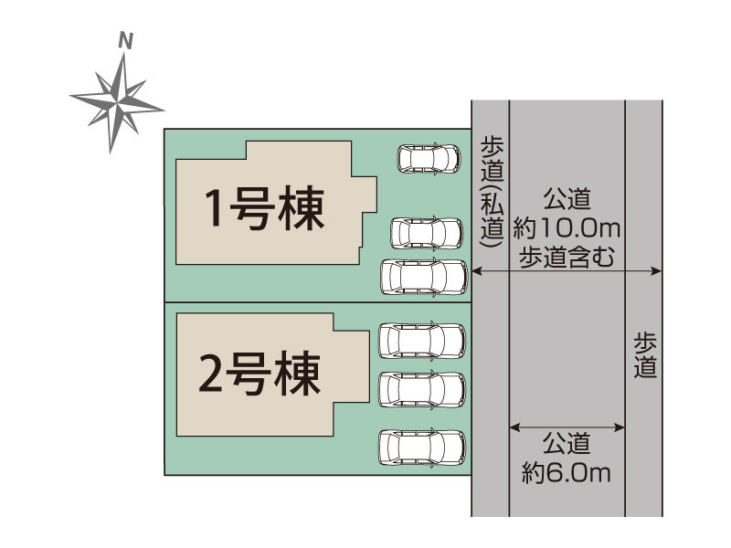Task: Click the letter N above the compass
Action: pos(125,41)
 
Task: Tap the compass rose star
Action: pos(117,102)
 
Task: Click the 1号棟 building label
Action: pos(265,208)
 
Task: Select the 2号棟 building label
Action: pos(260,374)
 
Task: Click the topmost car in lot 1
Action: pos(429,158)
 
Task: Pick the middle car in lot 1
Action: pos(427,234)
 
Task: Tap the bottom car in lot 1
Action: pos(424,277)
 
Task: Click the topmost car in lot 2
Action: pos(422,341)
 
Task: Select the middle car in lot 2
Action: pos(422,390)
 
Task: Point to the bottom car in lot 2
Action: pos(422,447)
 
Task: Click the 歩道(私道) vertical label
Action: pos(493,192)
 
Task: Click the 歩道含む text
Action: pos(567,258)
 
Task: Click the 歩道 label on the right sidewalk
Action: pos(645,354)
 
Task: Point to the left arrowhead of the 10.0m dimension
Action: pos(476,270)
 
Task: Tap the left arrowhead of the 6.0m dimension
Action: pos(514,427)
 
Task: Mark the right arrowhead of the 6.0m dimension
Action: pos(620,427)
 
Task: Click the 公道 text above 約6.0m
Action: pos(567,444)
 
